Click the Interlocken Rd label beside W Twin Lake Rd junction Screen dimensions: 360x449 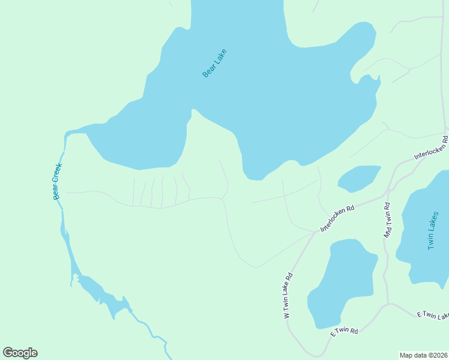337,218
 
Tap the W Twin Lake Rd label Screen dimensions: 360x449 288,295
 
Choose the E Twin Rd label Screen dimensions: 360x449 344,331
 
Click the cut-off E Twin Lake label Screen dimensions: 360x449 433,315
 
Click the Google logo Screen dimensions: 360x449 20,353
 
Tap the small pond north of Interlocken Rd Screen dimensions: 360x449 359,178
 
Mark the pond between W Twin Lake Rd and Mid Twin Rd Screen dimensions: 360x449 341,282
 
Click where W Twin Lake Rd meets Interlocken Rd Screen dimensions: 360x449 313,234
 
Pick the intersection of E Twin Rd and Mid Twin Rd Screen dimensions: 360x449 388,304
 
